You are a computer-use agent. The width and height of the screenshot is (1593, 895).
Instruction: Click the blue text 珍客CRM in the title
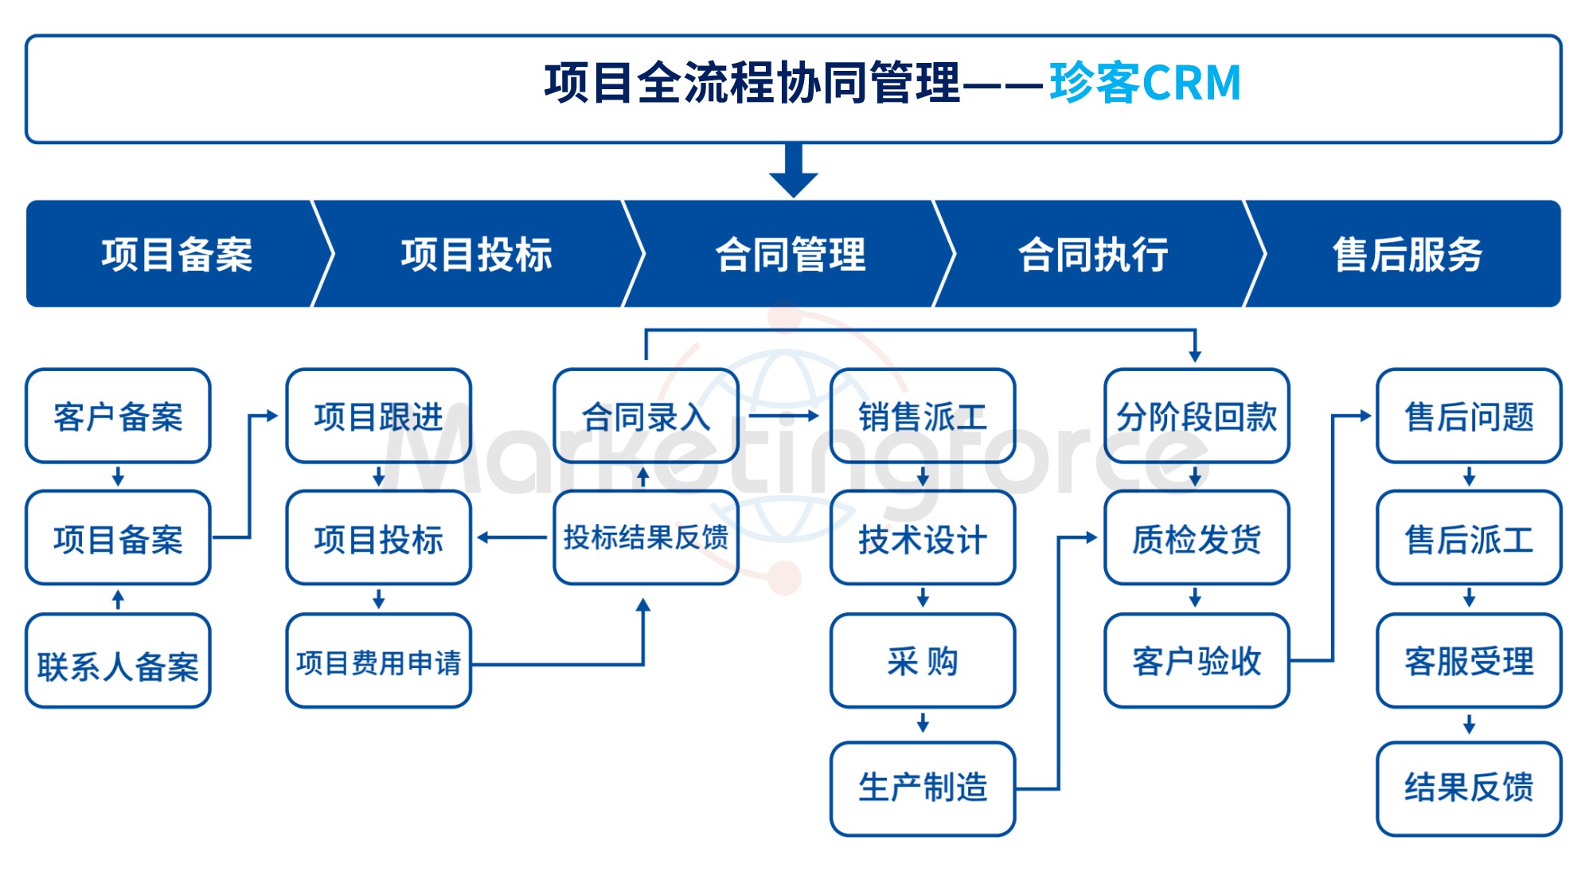point(1145,83)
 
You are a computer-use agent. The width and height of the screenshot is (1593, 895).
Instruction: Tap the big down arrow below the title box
point(793,170)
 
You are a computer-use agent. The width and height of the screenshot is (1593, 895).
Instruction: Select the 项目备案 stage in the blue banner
point(177,255)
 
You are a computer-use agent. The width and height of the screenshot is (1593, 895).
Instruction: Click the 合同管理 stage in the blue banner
point(790,255)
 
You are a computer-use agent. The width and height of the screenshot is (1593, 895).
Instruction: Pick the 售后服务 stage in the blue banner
point(1408,255)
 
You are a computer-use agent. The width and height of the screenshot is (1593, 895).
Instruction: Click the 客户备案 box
point(118,416)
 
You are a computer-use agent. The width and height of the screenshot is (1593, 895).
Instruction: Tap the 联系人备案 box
point(118,663)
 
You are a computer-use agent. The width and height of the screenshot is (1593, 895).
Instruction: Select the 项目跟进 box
point(378,416)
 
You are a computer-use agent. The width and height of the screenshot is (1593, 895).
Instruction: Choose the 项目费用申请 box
point(378,662)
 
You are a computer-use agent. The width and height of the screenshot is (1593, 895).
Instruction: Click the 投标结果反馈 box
point(646,538)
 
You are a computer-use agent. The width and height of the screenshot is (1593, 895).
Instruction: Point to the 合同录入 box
point(646,416)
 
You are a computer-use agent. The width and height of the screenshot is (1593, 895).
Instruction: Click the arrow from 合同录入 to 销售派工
point(783,416)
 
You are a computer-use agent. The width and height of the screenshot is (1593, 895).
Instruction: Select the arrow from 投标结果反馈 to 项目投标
point(512,537)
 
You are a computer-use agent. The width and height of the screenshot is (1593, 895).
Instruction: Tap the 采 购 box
point(922,661)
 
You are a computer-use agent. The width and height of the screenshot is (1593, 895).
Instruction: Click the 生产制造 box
point(922,788)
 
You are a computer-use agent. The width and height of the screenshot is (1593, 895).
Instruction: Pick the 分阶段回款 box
point(1196,416)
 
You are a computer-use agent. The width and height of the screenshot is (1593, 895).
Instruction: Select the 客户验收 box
point(1196,661)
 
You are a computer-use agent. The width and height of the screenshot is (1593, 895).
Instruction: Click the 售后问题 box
point(1469,416)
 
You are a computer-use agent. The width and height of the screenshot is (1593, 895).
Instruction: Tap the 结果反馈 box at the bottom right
point(1469,788)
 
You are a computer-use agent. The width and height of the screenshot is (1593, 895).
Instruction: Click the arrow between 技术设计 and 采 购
point(923,598)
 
